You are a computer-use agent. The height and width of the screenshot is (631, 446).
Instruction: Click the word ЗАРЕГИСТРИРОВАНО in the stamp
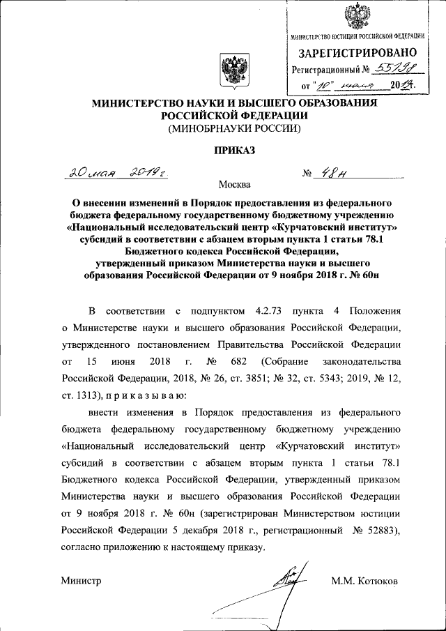358,52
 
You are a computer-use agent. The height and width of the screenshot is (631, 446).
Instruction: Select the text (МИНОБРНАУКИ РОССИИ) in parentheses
233,128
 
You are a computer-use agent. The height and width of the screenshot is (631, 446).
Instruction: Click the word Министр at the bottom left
81,580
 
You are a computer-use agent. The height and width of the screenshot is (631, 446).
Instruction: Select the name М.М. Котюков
365,580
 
